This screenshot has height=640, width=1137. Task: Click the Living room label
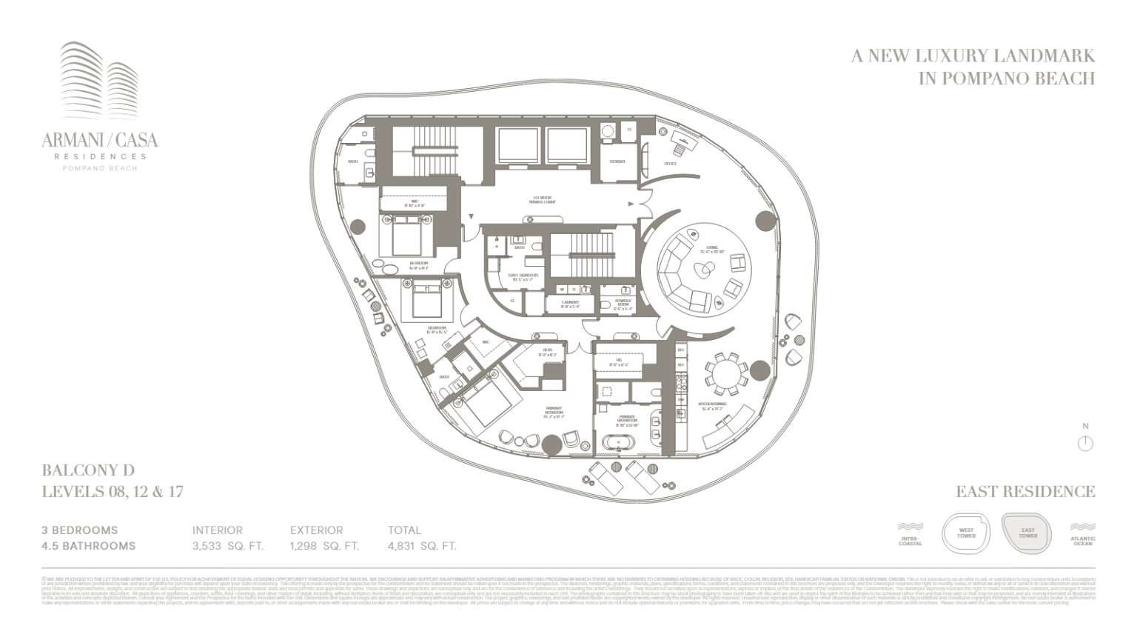click(711, 250)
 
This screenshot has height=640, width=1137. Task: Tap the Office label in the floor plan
click(670, 164)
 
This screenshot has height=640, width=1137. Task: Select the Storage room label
click(617, 161)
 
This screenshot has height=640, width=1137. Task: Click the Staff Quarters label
click(523, 276)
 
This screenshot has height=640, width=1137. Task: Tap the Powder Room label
click(623, 304)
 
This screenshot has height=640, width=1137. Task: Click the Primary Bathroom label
click(627, 420)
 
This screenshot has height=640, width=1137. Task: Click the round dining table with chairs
click(726, 373)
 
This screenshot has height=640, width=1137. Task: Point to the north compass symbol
click(1085, 443)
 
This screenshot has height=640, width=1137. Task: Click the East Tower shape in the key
click(1027, 533)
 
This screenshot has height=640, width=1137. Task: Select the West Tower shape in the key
click(966, 533)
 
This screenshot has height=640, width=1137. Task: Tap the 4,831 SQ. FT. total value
click(422, 547)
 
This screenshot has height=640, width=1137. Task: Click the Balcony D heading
click(88, 470)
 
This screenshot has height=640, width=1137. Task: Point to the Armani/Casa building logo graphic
click(99, 82)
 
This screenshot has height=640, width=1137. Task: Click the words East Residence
click(1025, 491)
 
